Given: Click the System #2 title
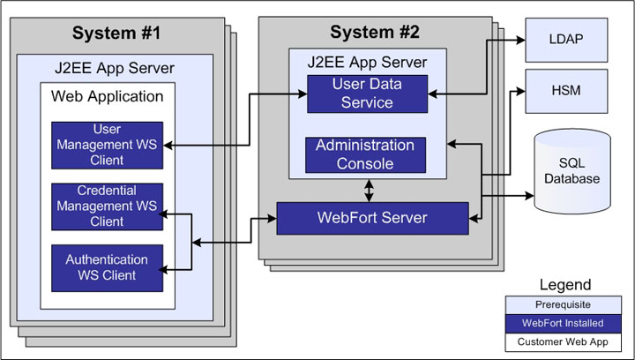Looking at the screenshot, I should point(375,33).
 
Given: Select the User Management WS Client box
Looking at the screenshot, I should point(107,145).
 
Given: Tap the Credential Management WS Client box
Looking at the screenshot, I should point(107,206).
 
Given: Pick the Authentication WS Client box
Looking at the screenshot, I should point(107,266).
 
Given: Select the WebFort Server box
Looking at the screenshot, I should point(372,218).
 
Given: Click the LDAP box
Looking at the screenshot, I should point(564,39).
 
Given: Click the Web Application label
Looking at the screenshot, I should point(108,96).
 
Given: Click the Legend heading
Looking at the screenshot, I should point(565,285).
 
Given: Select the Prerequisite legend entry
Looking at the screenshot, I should point(565,305).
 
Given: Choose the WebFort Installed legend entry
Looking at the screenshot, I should point(565,323).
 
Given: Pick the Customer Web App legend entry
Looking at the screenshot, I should point(565,341).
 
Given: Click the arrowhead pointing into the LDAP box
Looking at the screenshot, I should point(519,40).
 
